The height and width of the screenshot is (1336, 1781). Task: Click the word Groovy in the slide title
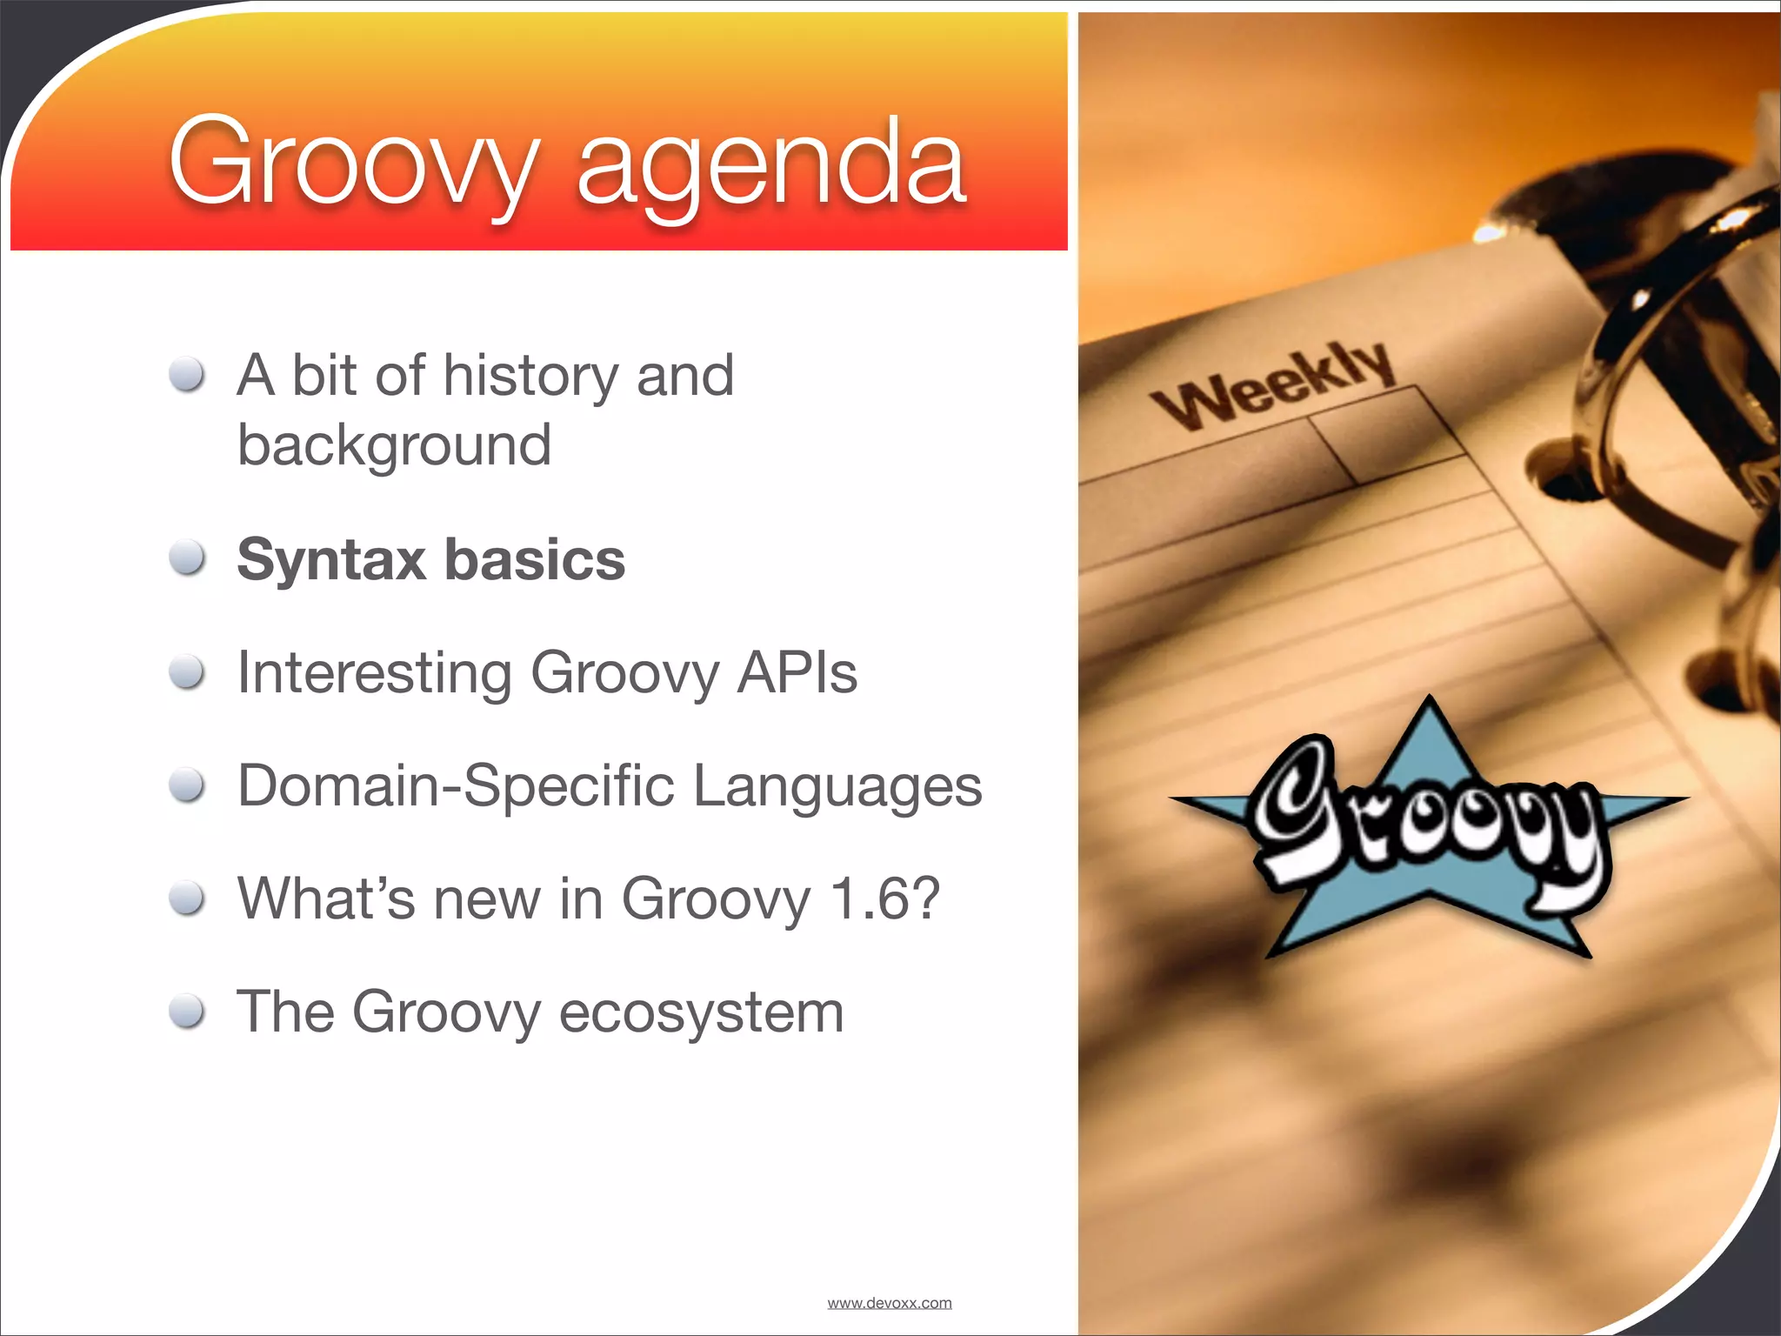tap(352, 165)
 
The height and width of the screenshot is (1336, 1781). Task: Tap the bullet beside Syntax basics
tap(187, 558)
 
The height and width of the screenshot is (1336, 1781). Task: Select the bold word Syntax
tap(330, 561)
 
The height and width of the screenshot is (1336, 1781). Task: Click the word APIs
tap(797, 672)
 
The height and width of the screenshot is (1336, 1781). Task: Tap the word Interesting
tap(374, 674)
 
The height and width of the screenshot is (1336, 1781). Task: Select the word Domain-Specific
tap(455, 786)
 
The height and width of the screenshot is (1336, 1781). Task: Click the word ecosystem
tap(701, 1013)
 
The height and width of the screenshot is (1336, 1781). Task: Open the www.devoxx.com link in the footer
tap(889, 1303)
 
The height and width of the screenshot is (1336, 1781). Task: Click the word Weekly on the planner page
tap(1274, 386)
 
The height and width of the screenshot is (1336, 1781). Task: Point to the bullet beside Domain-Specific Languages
tap(187, 785)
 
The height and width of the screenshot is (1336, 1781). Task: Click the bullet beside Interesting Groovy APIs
tap(187, 672)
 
